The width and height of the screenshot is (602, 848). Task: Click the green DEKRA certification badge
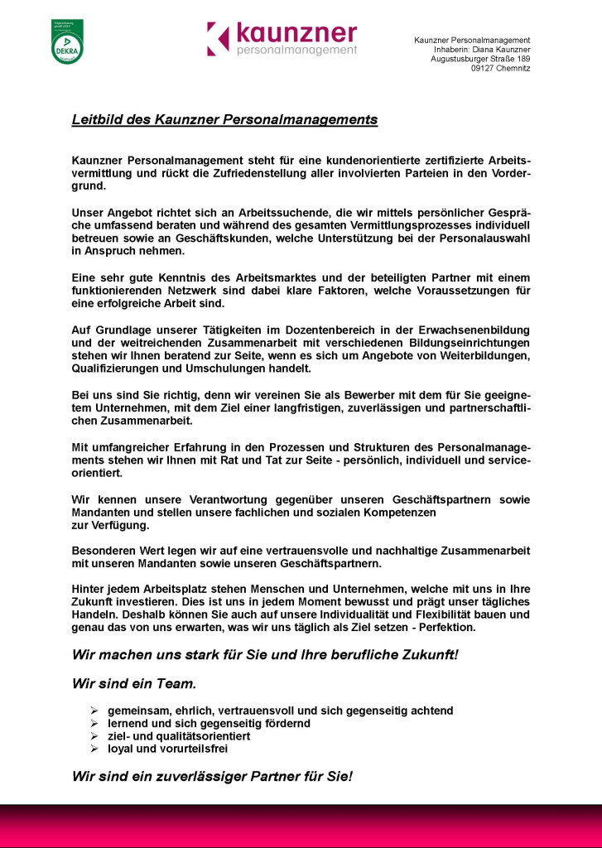pos(67,42)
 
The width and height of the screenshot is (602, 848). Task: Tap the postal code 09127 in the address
pos(485,69)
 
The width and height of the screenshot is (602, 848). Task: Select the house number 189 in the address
pos(523,59)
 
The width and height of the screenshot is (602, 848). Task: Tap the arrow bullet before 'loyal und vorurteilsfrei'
pos(94,748)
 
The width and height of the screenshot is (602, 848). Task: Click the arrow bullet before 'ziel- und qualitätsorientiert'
pos(94,735)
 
